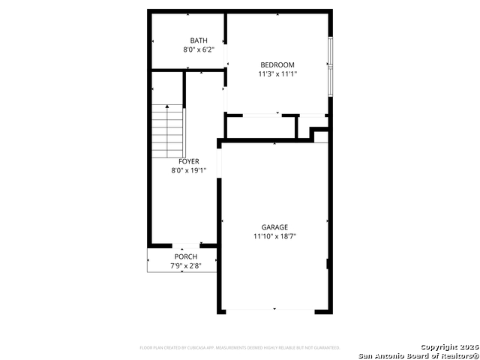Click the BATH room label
[199, 40]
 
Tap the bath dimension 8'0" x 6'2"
[199, 49]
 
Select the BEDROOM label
[277, 64]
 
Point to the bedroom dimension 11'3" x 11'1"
[277, 73]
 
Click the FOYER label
[189, 161]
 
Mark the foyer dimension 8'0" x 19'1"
[189, 170]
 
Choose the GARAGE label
[274, 227]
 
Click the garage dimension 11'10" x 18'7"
[274, 236]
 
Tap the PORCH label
[186, 257]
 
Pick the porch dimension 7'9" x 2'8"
[186, 266]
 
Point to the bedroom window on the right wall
[329, 65]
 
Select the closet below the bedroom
[261, 127]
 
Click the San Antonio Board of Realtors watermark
[418, 355]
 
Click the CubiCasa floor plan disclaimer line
[240, 348]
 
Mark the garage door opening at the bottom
[274, 310]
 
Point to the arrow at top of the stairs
[167, 107]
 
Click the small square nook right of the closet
[320, 136]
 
